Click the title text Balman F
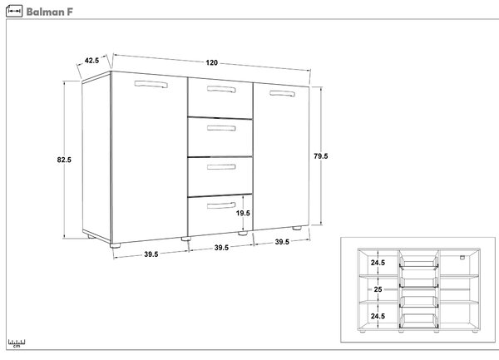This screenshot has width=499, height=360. click(49, 12)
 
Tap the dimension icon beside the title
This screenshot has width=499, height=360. click(14, 11)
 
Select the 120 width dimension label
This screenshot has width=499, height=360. click(211, 62)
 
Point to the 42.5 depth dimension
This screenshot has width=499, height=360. click(91, 60)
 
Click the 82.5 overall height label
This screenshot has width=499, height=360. click(64, 160)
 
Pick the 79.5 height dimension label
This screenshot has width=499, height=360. click(321, 156)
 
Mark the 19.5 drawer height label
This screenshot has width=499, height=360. click(243, 213)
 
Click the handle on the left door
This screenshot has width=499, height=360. click(151, 84)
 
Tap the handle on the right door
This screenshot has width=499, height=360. click(282, 93)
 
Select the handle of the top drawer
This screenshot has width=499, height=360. click(221, 89)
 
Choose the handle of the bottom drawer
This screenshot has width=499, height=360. click(221, 205)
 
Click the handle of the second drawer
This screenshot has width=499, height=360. click(221, 128)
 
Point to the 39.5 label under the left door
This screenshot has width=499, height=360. click(151, 254)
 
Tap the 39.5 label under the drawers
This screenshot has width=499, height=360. click(221, 248)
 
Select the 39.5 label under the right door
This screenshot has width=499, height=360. click(282, 242)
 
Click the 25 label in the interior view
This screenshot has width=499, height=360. click(378, 289)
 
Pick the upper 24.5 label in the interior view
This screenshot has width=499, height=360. click(378, 263)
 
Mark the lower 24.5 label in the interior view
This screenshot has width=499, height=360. click(378, 316)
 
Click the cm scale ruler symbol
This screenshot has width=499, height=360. click(17, 343)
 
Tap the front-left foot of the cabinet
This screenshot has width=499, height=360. click(116, 245)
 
